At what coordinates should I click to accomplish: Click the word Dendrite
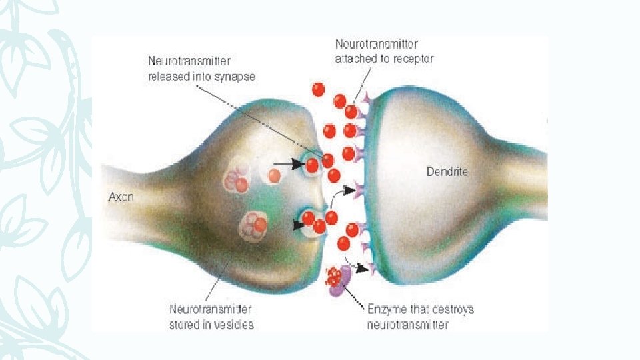[447, 172]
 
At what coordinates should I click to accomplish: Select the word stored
[184, 325]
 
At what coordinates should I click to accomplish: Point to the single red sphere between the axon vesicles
[274, 175]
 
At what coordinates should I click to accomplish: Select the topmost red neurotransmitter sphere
[319, 89]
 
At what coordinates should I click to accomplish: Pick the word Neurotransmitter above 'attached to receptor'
[377, 45]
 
